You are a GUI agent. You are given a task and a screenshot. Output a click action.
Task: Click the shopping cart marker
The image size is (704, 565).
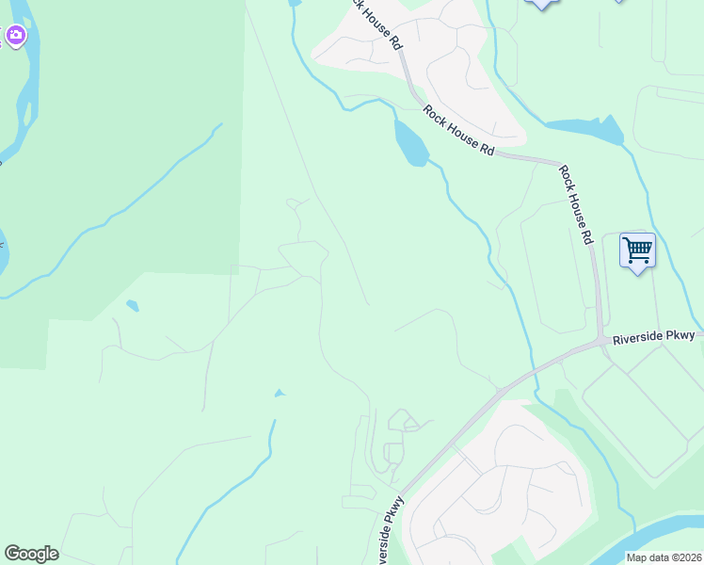637,251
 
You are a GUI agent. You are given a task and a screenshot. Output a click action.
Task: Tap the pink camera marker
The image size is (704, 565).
15,36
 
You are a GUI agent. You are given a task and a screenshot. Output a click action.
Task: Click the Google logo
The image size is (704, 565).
31,554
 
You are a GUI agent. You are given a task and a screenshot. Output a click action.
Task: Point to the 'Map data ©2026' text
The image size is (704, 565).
664,557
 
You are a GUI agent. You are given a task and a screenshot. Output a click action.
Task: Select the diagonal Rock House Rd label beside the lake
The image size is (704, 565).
458,131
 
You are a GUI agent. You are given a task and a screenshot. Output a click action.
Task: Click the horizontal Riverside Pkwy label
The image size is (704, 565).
653,336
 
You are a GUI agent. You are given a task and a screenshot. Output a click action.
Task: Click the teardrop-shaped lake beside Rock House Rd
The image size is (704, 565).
410,143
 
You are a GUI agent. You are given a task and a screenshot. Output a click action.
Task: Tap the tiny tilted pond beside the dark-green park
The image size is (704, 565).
133,305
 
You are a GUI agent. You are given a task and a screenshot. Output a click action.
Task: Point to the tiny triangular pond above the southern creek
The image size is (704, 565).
279,393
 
